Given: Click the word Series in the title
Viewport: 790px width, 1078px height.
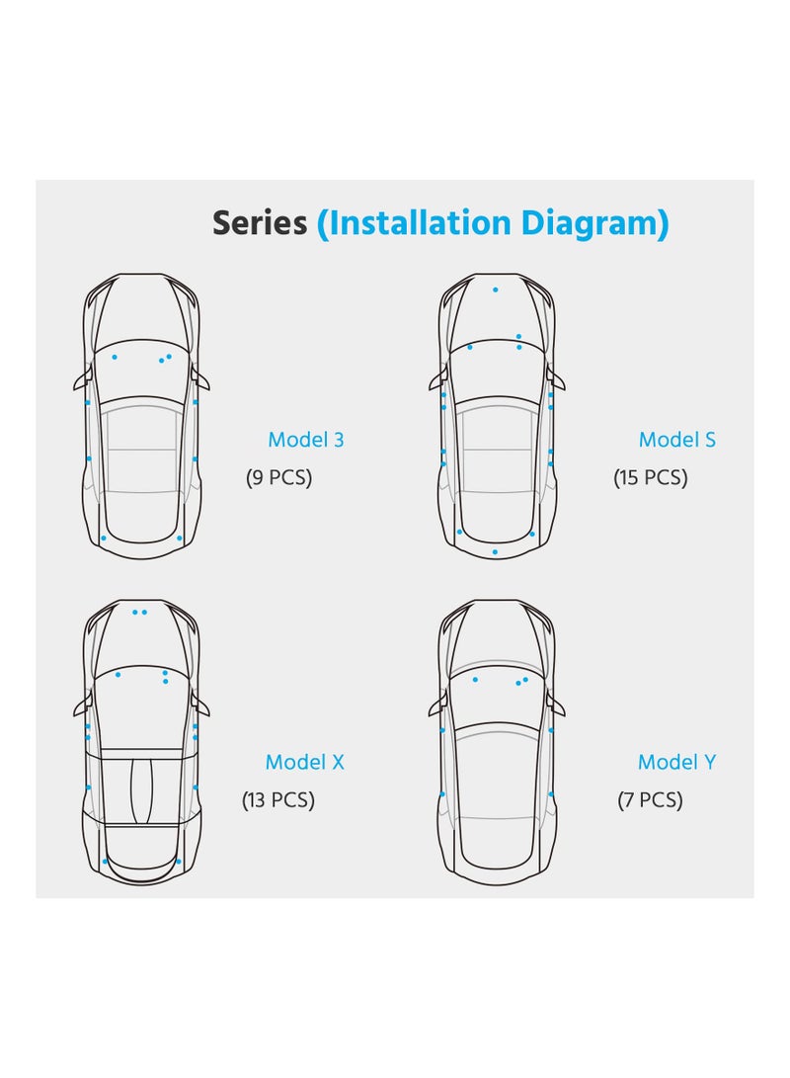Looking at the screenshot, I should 260,223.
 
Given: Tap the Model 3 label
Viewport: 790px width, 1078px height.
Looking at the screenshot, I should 306,440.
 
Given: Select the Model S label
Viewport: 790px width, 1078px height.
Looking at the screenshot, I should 676,440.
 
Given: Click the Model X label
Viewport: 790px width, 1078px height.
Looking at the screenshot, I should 304,762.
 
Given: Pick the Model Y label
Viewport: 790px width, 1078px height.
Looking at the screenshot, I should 676,762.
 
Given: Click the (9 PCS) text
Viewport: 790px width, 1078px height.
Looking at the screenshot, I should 278,478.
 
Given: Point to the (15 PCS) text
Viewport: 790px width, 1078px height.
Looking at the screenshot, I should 650,478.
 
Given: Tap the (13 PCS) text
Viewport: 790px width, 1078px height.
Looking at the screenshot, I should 278,800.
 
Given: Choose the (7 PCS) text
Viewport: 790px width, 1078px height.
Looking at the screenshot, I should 650,800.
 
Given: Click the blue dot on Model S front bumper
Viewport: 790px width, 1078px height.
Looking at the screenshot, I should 496,290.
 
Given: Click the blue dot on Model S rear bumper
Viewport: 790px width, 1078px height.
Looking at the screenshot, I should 496,551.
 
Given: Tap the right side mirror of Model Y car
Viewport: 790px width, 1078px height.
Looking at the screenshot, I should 558,706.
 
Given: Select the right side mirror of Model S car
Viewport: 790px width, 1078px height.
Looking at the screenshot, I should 558,381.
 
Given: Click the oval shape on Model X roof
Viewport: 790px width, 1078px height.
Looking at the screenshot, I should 142,788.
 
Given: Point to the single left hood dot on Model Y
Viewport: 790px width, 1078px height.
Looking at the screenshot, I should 475,680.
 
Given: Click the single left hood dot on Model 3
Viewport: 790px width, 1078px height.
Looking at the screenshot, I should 115,356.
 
